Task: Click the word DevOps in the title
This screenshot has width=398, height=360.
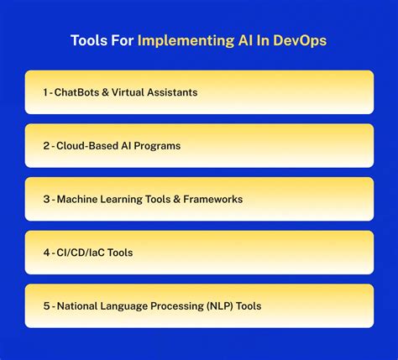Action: click(x=296, y=40)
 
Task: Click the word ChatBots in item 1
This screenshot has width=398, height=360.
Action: click(x=78, y=92)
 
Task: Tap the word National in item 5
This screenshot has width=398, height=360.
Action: click(x=76, y=305)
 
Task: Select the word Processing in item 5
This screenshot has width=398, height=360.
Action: click(x=172, y=305)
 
